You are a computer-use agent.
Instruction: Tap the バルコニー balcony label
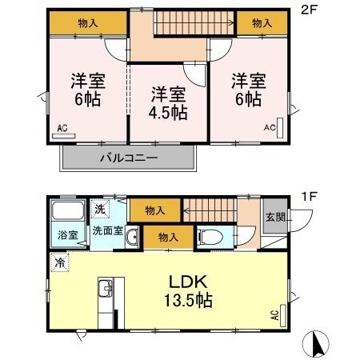tap(128, 158)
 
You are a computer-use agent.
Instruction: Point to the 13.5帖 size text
tap(188, 302)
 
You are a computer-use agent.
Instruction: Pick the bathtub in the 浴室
tap(66, 214)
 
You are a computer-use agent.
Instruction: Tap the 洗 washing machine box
tap(100, 209)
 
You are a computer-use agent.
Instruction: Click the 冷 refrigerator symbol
tap(60, 262)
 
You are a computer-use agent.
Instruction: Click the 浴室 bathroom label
tap(66, 235)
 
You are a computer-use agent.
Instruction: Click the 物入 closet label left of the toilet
tap(167, 237)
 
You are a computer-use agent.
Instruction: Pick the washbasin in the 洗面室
tap(130, 237)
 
